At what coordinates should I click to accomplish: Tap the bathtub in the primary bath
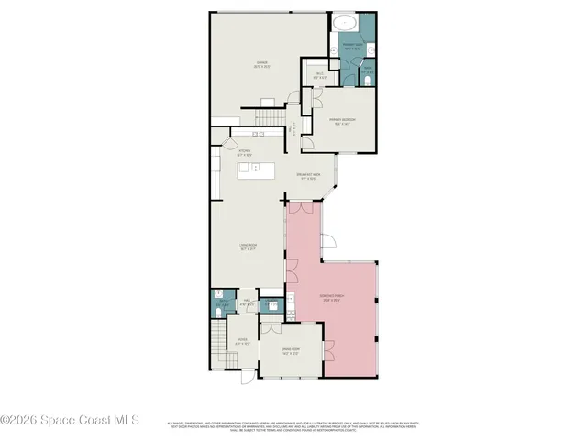348,24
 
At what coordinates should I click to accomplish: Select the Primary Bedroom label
343,121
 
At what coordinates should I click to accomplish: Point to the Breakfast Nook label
307,177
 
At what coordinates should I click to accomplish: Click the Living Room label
246,246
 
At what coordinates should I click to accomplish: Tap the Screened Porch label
331,297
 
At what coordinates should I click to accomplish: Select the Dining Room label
291,351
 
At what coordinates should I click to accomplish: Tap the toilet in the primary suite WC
367,81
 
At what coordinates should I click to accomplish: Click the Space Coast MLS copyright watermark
70,421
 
